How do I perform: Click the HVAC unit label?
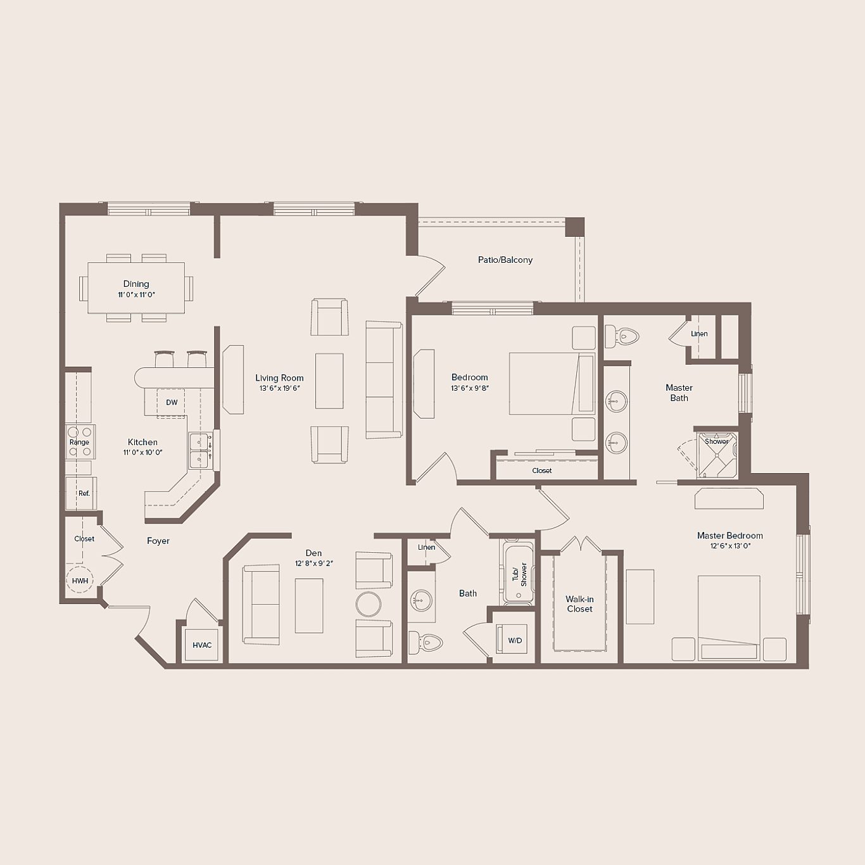(x=202, y=645)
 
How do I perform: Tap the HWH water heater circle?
(x=80, y=581)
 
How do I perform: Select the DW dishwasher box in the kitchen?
(x=171, y=403)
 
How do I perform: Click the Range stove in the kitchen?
(x=79, y=442)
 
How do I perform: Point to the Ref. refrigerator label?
(x=84, y=493)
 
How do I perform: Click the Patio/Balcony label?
(x=505, y=260)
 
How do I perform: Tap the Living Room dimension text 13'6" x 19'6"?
(x=279, y=389)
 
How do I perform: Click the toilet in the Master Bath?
(x=622, y=337)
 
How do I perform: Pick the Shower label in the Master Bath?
(x=716, y=441)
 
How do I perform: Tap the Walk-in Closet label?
(x=579, y=604)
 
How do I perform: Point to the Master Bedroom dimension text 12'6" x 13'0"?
(x=729, y=546)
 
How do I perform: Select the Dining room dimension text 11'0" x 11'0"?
(x=136, y=295)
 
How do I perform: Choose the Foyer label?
(x=158, y=541)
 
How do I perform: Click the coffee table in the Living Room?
(x=329, y=381)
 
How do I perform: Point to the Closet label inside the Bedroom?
(x=542, y=470)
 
